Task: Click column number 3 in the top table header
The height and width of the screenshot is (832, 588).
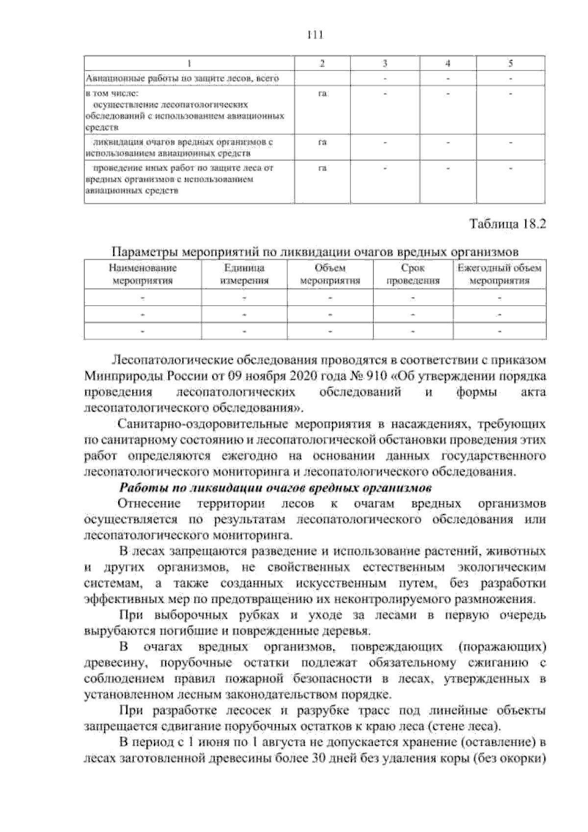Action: point(385,63)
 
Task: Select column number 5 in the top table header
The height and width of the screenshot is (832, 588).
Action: point(511,63)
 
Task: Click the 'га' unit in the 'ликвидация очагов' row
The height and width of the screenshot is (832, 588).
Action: point(322,143)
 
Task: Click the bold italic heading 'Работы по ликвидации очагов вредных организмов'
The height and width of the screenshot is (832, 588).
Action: point(275,488)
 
